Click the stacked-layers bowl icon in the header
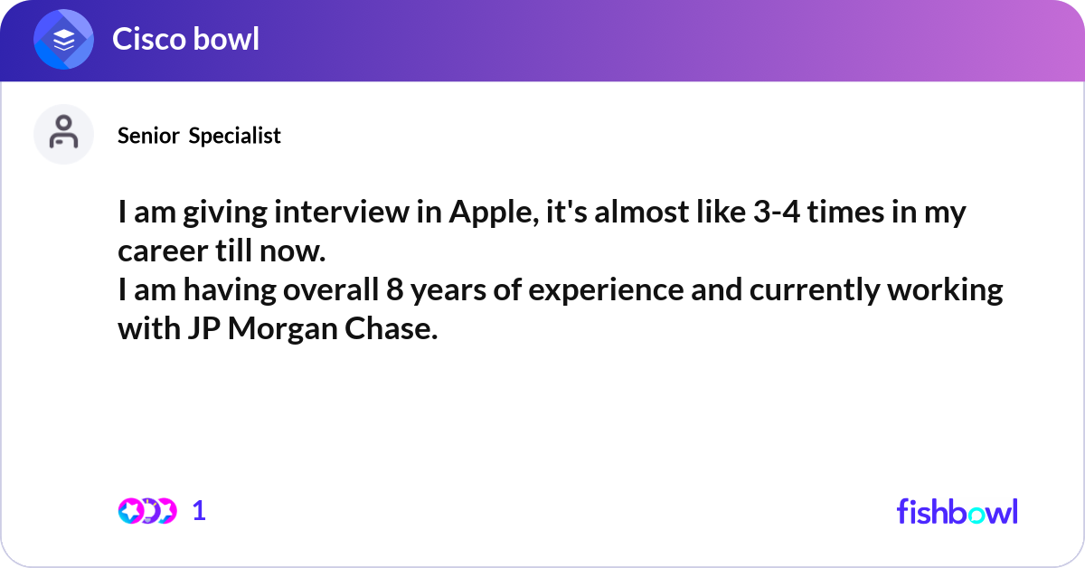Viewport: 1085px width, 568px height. (63, 39)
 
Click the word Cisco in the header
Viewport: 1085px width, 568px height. (149, 39)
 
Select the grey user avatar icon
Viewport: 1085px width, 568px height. (63, 134)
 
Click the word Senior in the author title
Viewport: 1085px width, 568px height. (148, 136)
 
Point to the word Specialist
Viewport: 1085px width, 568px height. (234, 136)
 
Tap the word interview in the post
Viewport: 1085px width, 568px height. (342, 213)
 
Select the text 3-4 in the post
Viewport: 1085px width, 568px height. (777, 213)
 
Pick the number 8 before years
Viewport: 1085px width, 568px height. (395, 290)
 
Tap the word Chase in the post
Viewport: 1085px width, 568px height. (391, 328)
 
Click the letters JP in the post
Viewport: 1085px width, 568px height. (204, 328)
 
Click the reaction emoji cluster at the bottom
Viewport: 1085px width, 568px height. (147, 511)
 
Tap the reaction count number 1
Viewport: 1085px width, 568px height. (199, 511)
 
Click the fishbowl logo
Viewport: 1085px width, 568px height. (958, 512)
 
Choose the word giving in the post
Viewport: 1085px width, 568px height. (225, 213)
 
